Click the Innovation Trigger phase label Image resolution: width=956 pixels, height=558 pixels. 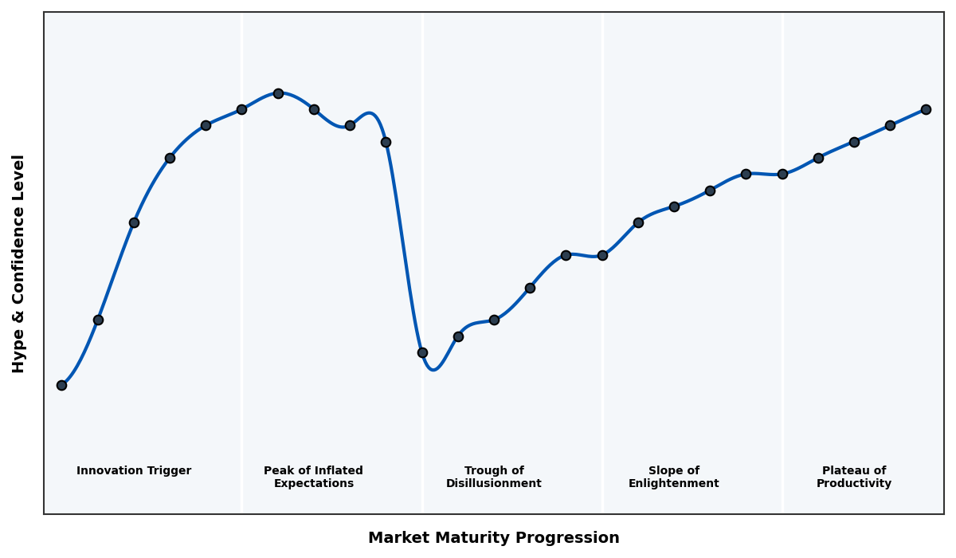point(134,471)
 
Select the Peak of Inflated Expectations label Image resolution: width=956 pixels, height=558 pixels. point(313,477)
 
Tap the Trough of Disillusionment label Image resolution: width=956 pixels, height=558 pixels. point(493,477)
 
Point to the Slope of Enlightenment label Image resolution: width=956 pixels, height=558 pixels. point(673,477)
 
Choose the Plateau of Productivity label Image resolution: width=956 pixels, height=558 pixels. point(853,477)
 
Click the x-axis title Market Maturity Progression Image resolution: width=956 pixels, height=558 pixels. point(493,538)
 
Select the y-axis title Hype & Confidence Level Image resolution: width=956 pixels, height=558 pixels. point(19,263)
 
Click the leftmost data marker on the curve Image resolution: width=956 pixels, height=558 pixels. point(61,385)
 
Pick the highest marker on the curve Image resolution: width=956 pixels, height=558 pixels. point(278,93)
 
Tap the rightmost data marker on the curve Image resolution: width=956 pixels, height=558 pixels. point(926,109)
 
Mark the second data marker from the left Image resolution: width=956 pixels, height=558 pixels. point(98,320)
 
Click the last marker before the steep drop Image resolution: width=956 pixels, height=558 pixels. point(386,142)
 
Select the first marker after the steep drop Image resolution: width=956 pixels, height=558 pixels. point(422,352)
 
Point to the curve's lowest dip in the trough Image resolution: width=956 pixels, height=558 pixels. point(433,370)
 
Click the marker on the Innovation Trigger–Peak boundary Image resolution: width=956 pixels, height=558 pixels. point(241,109)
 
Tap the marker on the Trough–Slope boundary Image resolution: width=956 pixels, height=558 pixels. point(602,255)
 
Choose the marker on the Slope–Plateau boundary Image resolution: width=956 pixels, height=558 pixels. point(782,174)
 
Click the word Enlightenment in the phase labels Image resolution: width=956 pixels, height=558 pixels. point(673,484)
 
